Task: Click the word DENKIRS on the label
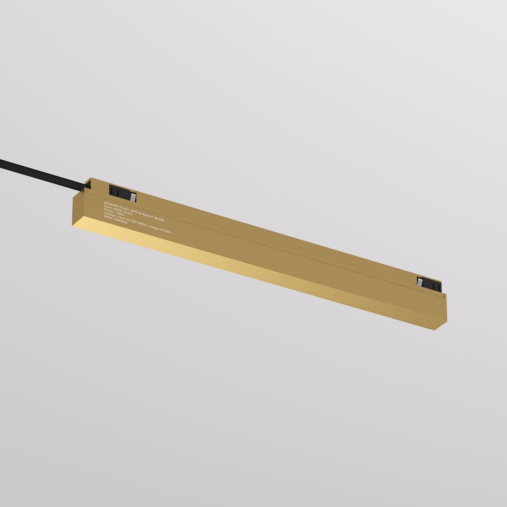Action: pos(111,204)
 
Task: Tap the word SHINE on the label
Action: pos(159,219)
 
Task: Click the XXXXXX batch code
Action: pos(121,221)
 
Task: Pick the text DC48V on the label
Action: pos(166,230)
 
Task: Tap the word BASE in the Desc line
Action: pos(117,209)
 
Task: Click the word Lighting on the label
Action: pos(135,211)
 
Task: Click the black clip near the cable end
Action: pos(120,192)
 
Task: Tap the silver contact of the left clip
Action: pos(133,197)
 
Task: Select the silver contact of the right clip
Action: pos(420,283)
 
